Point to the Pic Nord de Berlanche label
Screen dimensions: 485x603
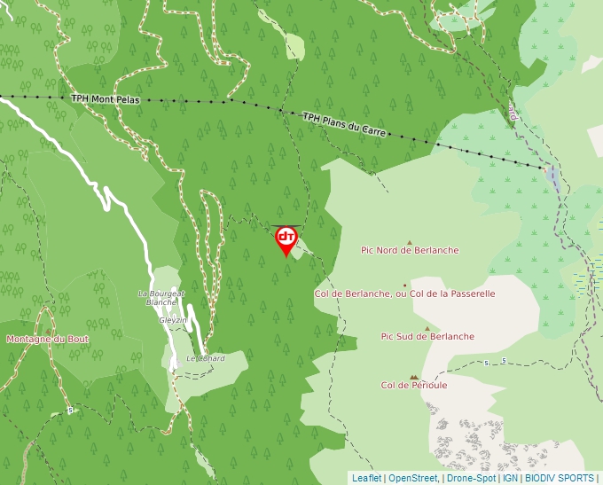[x=409, y=250]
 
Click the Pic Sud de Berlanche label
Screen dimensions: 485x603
[x=427, y=336]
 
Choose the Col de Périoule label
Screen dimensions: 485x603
[x=414, y=385]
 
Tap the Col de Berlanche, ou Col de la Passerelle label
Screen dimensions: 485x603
[x=404, y=293]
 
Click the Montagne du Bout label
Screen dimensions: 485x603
[x=47, y=339]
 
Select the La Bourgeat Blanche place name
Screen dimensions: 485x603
[x=161, y=297]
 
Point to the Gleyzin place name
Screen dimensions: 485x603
[x=173, y=320]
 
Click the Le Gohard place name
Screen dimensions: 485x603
[x=205, y=358]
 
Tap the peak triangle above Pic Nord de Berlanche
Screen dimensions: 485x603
[x=409, y=241]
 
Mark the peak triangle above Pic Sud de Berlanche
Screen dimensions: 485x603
[x=427, y=328]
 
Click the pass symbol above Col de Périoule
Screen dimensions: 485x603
[x=413, y=376]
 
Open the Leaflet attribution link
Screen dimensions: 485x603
[x=366, y=478]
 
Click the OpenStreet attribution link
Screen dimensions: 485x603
[x=413, y=478]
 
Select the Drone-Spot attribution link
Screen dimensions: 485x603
[x=471, y=478]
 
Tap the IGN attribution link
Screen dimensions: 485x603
[x=510, y=478]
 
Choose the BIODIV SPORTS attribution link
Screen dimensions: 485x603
[x=560, y=478]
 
